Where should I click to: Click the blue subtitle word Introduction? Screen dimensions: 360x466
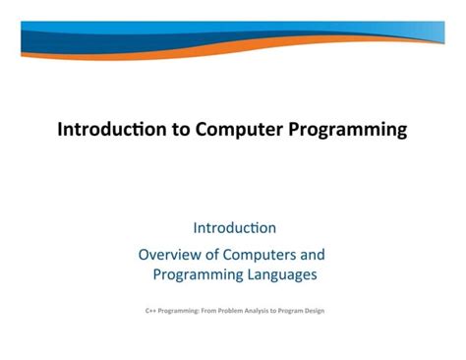tap(234, 228)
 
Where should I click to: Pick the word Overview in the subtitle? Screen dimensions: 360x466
tap(173, 254)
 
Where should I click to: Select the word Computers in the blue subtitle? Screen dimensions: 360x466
tap(269, 254)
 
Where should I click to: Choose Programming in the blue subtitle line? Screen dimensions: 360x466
tap(200, 275)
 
